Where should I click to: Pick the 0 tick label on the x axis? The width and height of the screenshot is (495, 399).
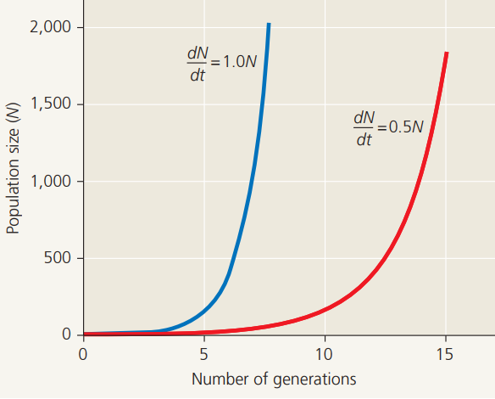point(83,352)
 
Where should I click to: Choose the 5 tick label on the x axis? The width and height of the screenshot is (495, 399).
point(203,352)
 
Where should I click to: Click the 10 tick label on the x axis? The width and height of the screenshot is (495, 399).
point(325,352)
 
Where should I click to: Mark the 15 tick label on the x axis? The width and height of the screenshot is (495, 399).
point(445,352)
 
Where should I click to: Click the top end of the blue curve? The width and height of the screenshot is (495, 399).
point(268,25)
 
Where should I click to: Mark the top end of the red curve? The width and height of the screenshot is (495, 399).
point(446,54)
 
